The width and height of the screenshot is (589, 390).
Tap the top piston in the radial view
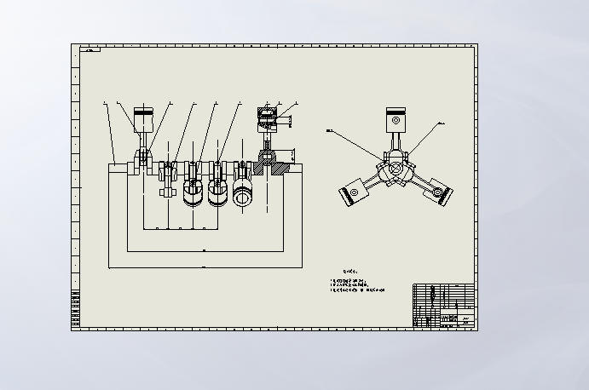click(x=395, y=118)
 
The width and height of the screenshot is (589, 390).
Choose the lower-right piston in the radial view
click(x=438, y=193)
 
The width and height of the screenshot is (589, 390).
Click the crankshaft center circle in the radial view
click(x=395, y=169)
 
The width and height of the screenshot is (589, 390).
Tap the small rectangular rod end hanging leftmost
click(x=167, y=192)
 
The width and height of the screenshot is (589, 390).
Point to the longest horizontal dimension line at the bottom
click(x=205, y=267)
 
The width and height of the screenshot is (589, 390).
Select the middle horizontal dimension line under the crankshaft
click(x=205, y=251)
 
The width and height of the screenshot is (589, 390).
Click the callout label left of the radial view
click(x=330, y=130)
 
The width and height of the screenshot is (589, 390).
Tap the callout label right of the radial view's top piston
click(x=442, y=123)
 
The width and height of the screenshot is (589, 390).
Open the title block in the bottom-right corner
click(x=442, y=305)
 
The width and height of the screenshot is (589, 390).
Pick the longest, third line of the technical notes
click(x=357, y=290)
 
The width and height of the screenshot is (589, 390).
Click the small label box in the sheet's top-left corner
click(x=90, y=49)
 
